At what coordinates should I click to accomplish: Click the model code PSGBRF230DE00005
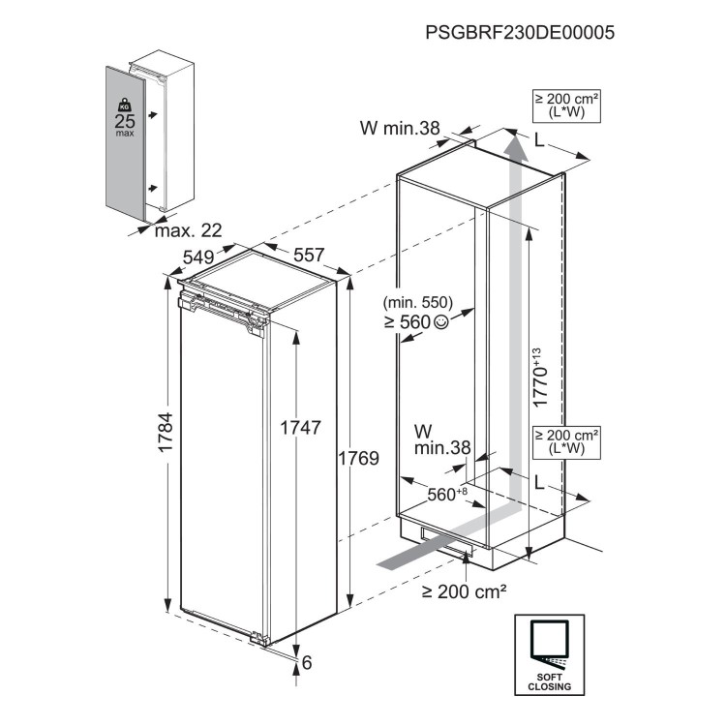[520, 31]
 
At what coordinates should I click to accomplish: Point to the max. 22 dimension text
[188, 230]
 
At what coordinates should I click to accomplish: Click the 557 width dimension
[307, 256]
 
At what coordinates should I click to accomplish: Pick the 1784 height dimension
[166, 436]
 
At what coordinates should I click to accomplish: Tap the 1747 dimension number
[300, 426]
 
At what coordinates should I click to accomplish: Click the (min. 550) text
[418, 302]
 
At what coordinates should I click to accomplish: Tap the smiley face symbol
[442, 322]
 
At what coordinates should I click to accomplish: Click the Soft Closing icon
[549, 653]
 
